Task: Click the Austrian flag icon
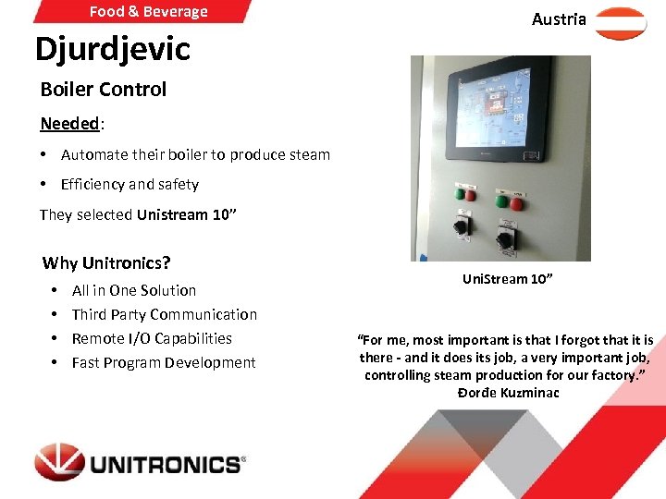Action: (621, 23)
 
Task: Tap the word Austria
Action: (559, 19)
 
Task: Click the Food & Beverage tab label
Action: (148, 12)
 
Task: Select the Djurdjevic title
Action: (112, 49)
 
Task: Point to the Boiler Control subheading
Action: (104, 90)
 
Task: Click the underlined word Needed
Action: (69, 124)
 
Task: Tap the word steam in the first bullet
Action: (310, 154)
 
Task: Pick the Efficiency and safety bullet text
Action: (129, 184)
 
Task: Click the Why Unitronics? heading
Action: (106, 262)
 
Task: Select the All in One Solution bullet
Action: (134, 290)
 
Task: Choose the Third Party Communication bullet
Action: (165, 314)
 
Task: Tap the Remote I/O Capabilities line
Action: (152, 338)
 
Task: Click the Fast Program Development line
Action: (164, 362)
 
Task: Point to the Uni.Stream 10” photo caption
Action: (508, 279)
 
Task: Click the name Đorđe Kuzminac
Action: (508, 393)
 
